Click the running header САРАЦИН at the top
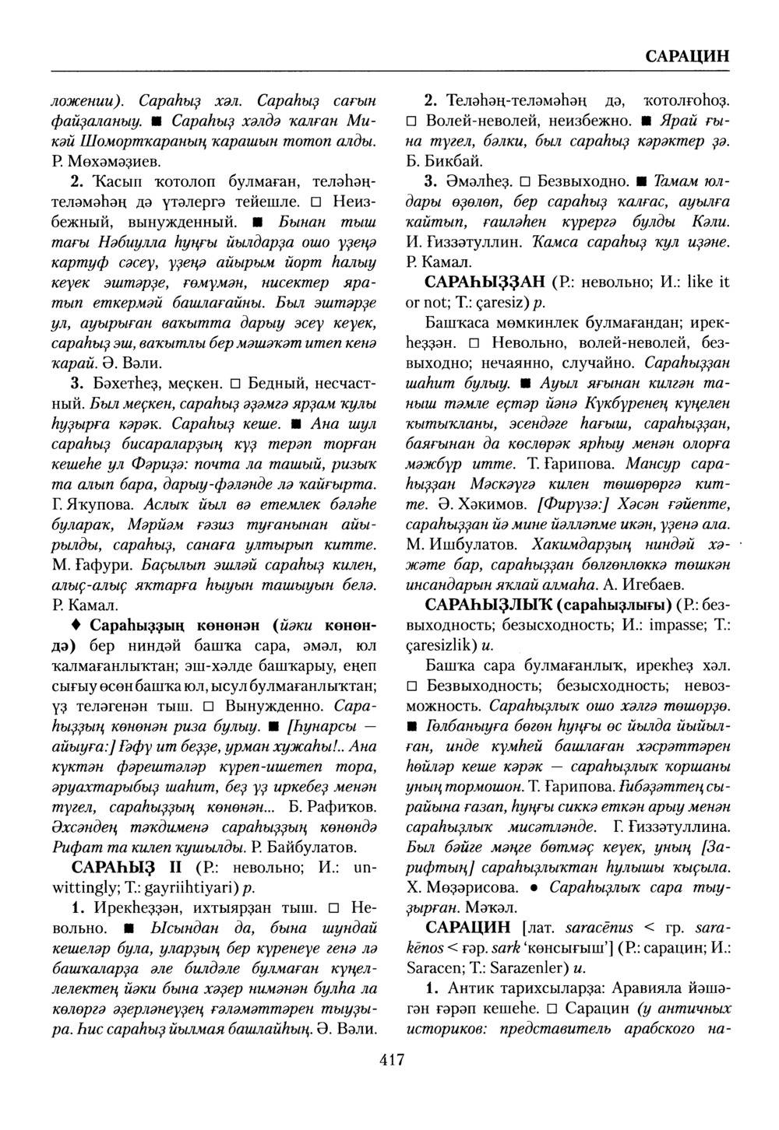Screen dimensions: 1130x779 coord(686,56)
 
